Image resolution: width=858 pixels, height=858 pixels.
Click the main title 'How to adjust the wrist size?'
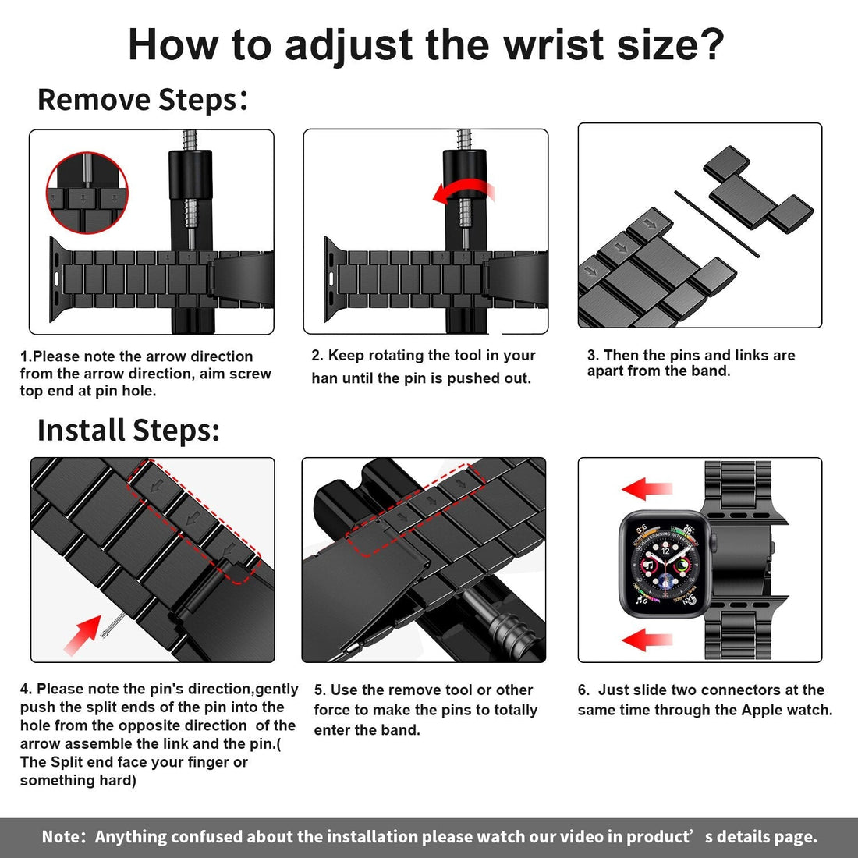(426, 44)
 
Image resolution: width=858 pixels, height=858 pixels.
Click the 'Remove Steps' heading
(139, 100)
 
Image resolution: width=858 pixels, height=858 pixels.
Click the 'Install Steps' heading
(128, 431)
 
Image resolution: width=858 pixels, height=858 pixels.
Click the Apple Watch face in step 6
(665, 564)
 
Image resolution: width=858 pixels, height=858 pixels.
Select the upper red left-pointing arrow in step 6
(647, 490)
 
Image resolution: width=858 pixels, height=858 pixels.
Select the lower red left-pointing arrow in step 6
(647, 640)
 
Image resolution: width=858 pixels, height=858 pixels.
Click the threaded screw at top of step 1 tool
(190, 140)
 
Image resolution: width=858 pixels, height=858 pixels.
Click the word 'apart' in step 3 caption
(607, 371)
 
